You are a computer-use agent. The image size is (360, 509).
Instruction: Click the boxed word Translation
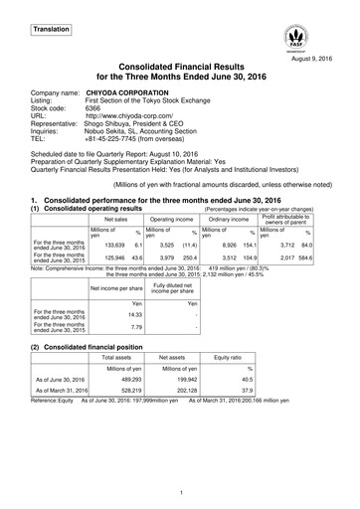click(49, 31)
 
